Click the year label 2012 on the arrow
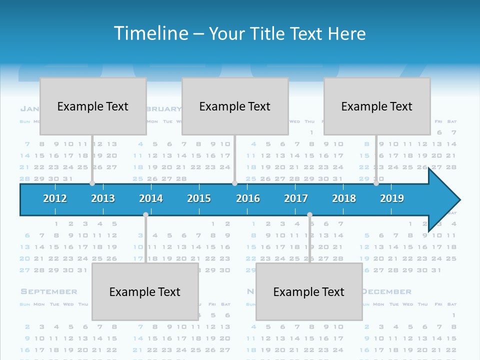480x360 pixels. [x=55, y=198]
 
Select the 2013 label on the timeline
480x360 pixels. [x=103, y=198]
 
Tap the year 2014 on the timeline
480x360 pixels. [x=151, y=198]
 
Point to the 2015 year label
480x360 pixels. [x=199, y=198]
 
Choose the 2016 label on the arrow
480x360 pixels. [x=248, y=198]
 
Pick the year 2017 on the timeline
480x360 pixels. [x=296, y=198]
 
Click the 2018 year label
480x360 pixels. [x=344, y=198]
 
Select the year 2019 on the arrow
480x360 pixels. [x=392, y=198]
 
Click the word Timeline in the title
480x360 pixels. [x=150, y=33]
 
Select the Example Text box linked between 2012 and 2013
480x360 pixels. [x=93, y=106]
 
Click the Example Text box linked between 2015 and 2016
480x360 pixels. [x=235, y=106]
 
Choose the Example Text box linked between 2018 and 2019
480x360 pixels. [x=377, y=106]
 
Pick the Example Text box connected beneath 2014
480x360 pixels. [x=145, y=291]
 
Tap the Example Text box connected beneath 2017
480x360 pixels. [x=309, y=291]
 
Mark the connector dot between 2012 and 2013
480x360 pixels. [x=92, y=183]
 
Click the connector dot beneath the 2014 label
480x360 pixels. [x=145, y=215]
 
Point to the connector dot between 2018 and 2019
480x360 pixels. [x=376, y=183]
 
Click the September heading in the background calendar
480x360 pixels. [x=49, y=291]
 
